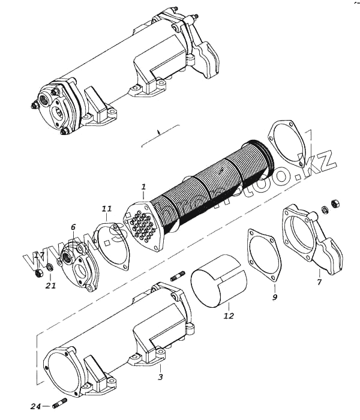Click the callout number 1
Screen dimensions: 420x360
[x=144, y=187]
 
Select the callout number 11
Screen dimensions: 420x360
[x=106, y=209]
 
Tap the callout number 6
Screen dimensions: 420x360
[x=73, y=227]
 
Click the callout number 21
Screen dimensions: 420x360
[x=51, y=285]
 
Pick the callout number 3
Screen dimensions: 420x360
[x=160, y=376]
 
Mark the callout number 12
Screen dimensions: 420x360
[x=229, y=315]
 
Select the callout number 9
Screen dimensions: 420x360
[x=274, y=296]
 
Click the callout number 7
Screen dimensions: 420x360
[x=319, y=281]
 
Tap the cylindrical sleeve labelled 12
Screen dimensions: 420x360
[x=219, y=287]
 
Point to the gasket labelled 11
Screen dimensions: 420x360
[x=114, y=243]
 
